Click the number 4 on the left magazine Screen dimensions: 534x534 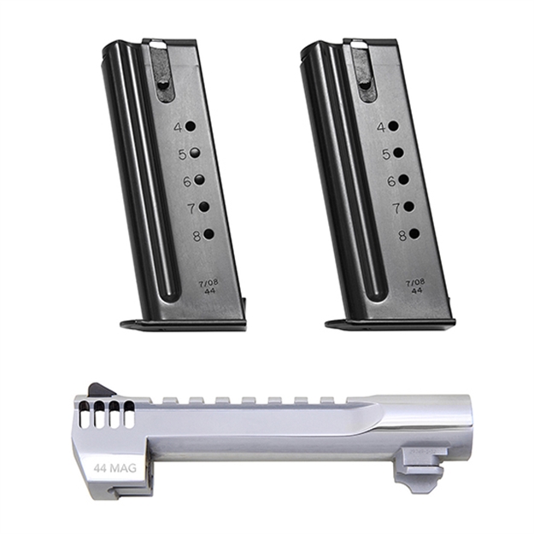click(x=179, y=127)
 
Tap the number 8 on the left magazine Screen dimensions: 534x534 click(x=197, y=236)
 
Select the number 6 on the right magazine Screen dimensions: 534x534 click(x=391, y=181)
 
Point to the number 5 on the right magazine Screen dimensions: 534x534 click(x=386, y=154)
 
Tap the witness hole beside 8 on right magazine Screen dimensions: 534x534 click(x=414, y=233)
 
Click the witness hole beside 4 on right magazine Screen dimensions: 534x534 click(x=393, y=126)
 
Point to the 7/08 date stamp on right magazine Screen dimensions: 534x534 click(x=415, y=281)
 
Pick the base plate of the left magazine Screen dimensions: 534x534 click(x=183, y=324)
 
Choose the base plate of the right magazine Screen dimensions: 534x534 click(x=390, y=324)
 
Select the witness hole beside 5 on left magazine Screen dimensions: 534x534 click(x=195, y=153)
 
